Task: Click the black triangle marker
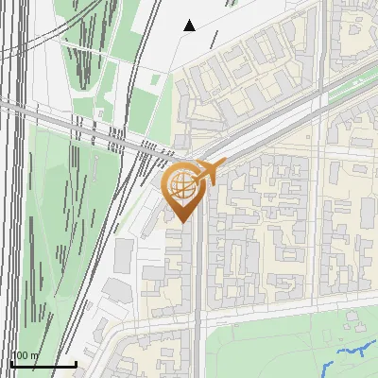[x=189, y=26]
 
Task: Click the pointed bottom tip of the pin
[x=183, y=223]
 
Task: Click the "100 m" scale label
[x=25, y=355]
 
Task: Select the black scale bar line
[x=43, y=364]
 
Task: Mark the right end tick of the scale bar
[x=77, y=362]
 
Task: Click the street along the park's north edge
[x=283, y=311]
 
